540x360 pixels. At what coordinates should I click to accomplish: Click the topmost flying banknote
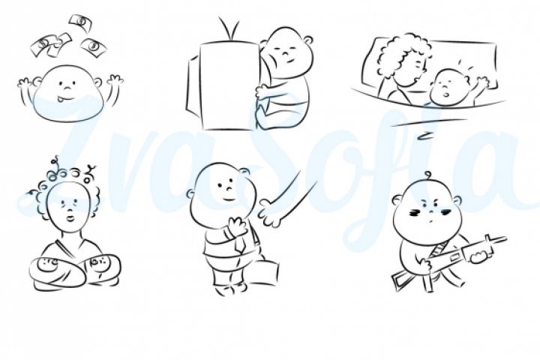(x=81, y=22)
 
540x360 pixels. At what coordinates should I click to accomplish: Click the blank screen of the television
(x=229, y=86)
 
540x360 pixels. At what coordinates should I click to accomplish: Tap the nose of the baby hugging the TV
(x=286, y=54)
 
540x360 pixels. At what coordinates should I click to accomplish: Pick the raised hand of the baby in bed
(x=481, y=83)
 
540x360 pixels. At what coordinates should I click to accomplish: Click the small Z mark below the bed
(x=424, y=136)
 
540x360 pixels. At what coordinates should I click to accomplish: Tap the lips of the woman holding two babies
(x=71, y=218)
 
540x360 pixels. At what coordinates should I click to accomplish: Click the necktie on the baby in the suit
(x=240, y=244)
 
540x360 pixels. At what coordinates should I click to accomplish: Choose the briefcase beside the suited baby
(x=263, y=273)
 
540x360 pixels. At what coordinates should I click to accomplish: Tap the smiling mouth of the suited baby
(x=228, y=199)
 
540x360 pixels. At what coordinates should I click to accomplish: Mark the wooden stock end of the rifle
(x=398, y=280)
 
